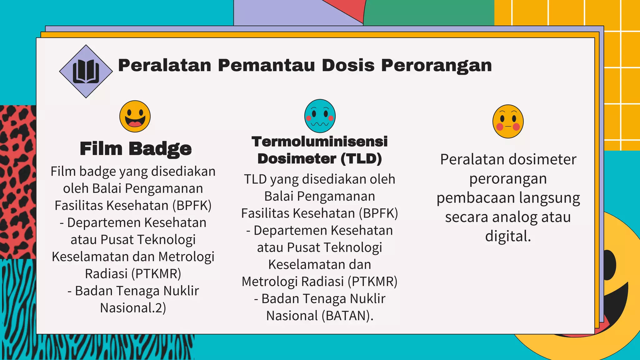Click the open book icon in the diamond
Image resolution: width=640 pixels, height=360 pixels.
[86, 72]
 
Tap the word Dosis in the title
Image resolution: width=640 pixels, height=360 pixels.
[348, 66]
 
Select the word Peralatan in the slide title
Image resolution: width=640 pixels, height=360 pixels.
[165, 66]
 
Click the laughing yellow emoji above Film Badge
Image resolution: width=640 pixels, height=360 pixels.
[135, 116]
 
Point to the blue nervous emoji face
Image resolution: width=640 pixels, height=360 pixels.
[320, 116]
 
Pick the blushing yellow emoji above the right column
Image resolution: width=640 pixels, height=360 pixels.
[508, 121]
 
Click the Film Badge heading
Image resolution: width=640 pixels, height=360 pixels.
[136, 148]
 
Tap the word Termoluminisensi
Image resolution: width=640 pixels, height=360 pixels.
[319, 142]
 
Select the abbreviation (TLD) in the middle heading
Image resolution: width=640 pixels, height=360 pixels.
[361, 159]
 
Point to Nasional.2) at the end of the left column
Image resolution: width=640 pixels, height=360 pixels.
[133, 308]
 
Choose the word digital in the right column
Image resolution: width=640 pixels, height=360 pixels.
[507, 236]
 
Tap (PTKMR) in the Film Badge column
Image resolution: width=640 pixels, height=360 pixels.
[156, 274]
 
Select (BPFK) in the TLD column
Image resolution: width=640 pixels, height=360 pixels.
[378, 213]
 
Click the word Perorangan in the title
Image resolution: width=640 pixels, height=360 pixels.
[436, 66]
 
